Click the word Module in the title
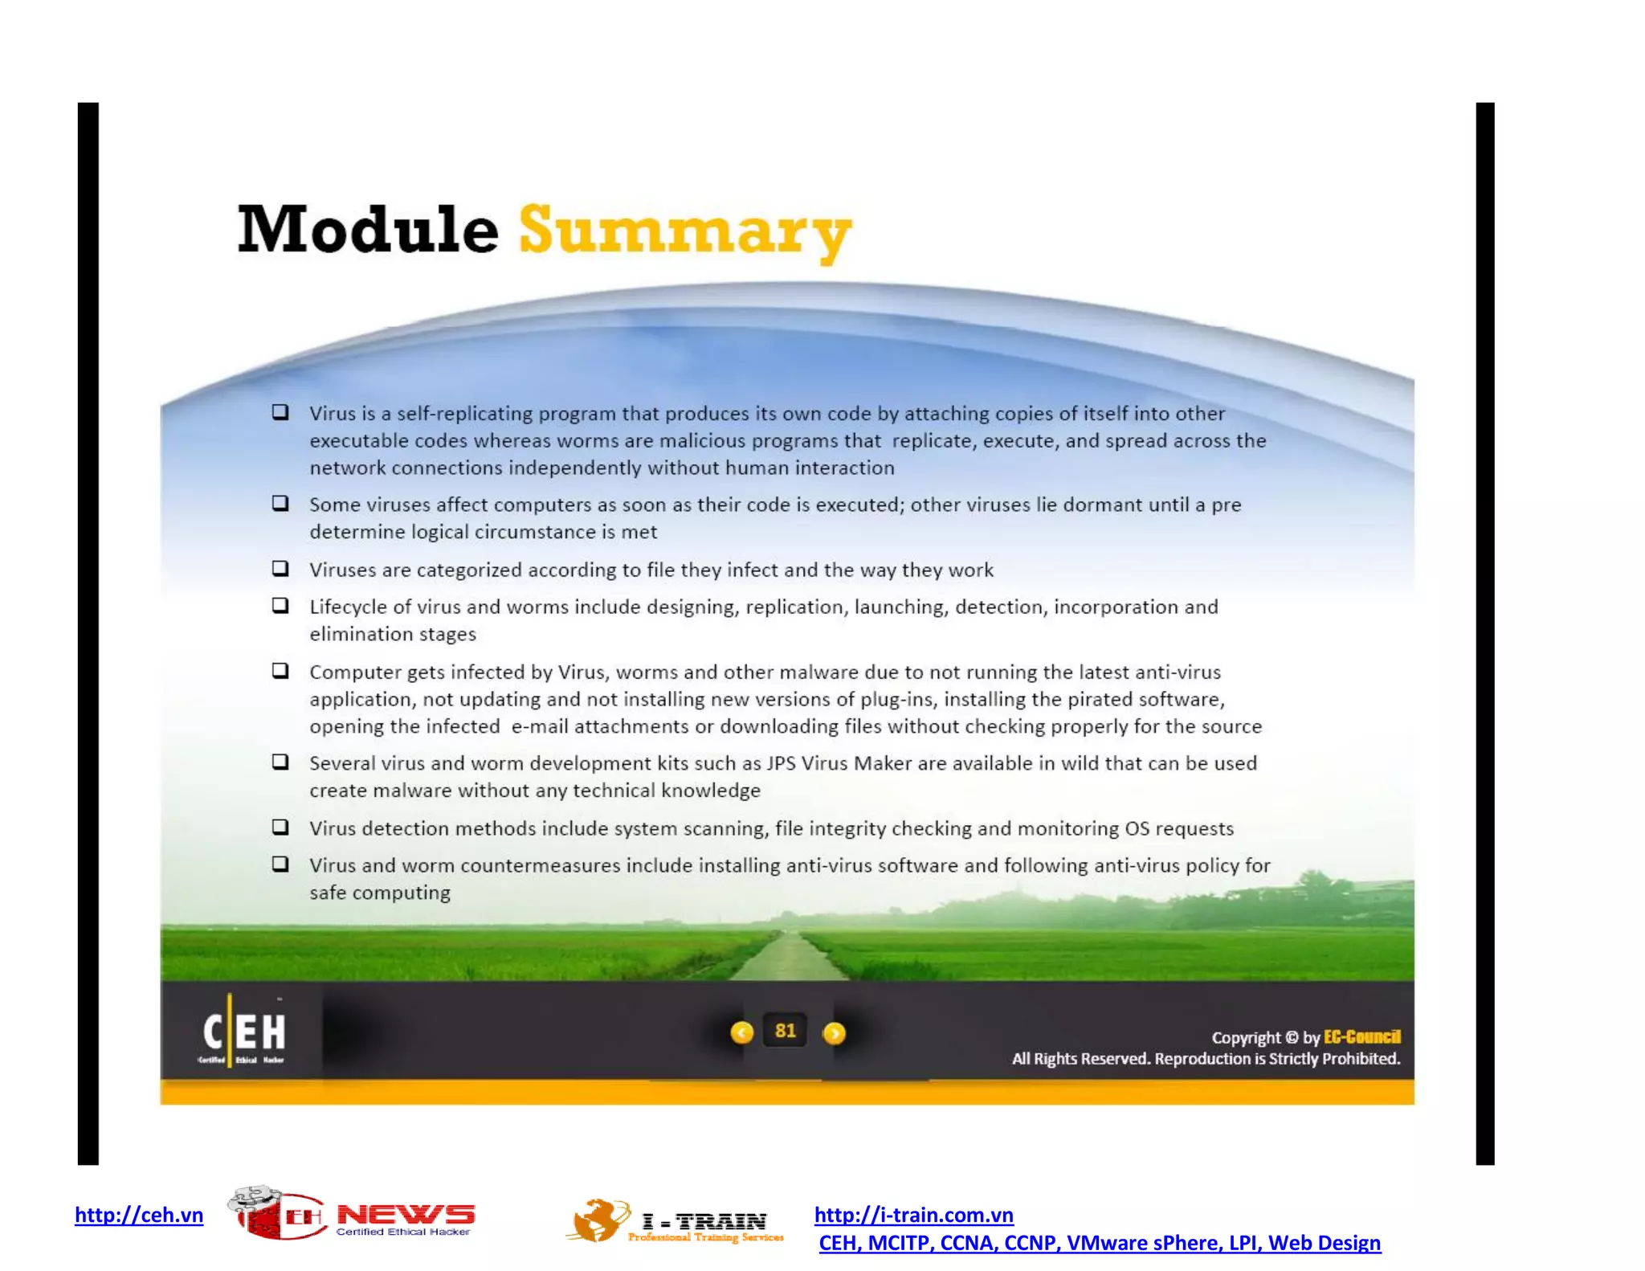pyautogui.click(x=368, y=231)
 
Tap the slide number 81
pyautogui.click(x=785, y=1031)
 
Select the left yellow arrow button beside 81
pyautogui.click(x=741, y=1032)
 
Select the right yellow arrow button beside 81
pyautogui.click(x=835, y=1033)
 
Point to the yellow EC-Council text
pyautogui.click(x=1361, y=1036)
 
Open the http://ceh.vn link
pyautogui.click(x=139, y=1215)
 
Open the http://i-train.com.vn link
pyautogui.click(x=913, y=1215)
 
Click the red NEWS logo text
pyautogui.click(x=405, y=1215)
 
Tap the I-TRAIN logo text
pyautogui.click(x=704, y=1222)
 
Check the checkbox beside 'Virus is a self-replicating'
pyautogui.click(x=280, y=412)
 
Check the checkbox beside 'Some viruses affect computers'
pyautogui.click(x=280, y=504)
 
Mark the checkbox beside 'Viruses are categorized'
pyautogui.click(x=280, y=569)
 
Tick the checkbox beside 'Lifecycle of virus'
pyautogui.click(x=280, y=606)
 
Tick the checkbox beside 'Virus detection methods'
pyautogui.click(x=280, y=827)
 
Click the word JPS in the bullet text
pyautogui.click(x=780, y=763)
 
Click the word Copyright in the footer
pyautogui.click(x=1246, y=1037)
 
